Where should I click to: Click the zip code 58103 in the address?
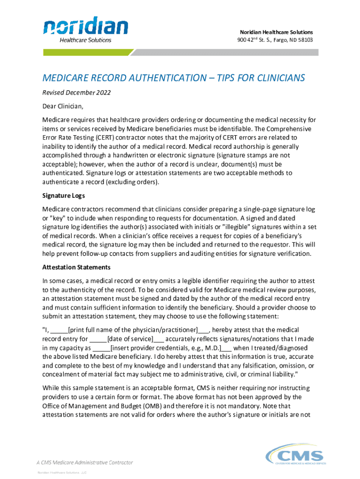[304, 40]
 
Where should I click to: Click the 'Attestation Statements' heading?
[76, 267]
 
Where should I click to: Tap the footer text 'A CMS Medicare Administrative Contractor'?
[85, 462]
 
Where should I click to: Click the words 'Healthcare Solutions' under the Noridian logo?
[85, 40]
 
